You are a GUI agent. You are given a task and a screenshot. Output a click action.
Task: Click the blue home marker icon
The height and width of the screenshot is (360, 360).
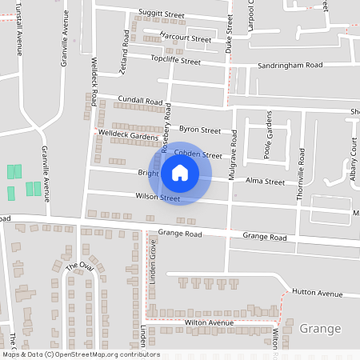pyautogui.click(x=180, y=173)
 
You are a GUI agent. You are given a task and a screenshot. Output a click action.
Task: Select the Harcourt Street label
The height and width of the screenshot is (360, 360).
pyautogui.click(x=186, y=38)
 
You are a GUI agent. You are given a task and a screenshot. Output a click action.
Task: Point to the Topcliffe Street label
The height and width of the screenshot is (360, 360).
pyautogui.click(x=175, y=61)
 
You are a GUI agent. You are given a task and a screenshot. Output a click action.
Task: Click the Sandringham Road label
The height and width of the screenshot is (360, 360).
pyautogui.click(x=289, y=65)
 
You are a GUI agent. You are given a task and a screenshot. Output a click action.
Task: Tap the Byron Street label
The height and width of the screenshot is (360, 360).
pyautogui.click(x=199, y=130)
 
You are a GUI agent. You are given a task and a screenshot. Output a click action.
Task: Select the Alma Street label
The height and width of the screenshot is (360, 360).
pyautogui.click(x=265, y=182)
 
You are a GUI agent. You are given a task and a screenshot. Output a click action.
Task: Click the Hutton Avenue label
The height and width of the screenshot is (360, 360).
pyautogui.click(x=317, y=294)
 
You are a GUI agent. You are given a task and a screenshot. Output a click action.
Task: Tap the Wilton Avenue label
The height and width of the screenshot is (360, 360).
pyautogui.click(x=208, y=322)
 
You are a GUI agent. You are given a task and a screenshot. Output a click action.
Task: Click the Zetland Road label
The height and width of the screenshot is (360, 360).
pyautogui.click(x=125, y=54)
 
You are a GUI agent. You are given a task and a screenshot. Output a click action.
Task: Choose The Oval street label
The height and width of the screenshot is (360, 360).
pyautogui.click(x=79, y=266)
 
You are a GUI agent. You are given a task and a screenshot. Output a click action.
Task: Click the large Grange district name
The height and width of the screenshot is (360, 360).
pyautogui.click(x=319, y=329)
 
